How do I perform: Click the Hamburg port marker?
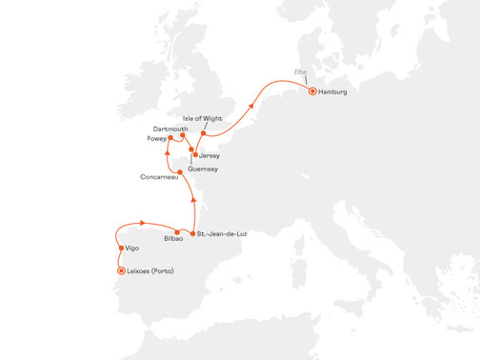312,90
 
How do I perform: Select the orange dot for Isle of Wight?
204,133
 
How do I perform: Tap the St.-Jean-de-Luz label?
221,233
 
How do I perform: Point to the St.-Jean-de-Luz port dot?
193,233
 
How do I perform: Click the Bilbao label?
173,239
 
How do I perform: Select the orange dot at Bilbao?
177,231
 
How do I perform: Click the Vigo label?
131,249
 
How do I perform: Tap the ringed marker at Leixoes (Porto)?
120,270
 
